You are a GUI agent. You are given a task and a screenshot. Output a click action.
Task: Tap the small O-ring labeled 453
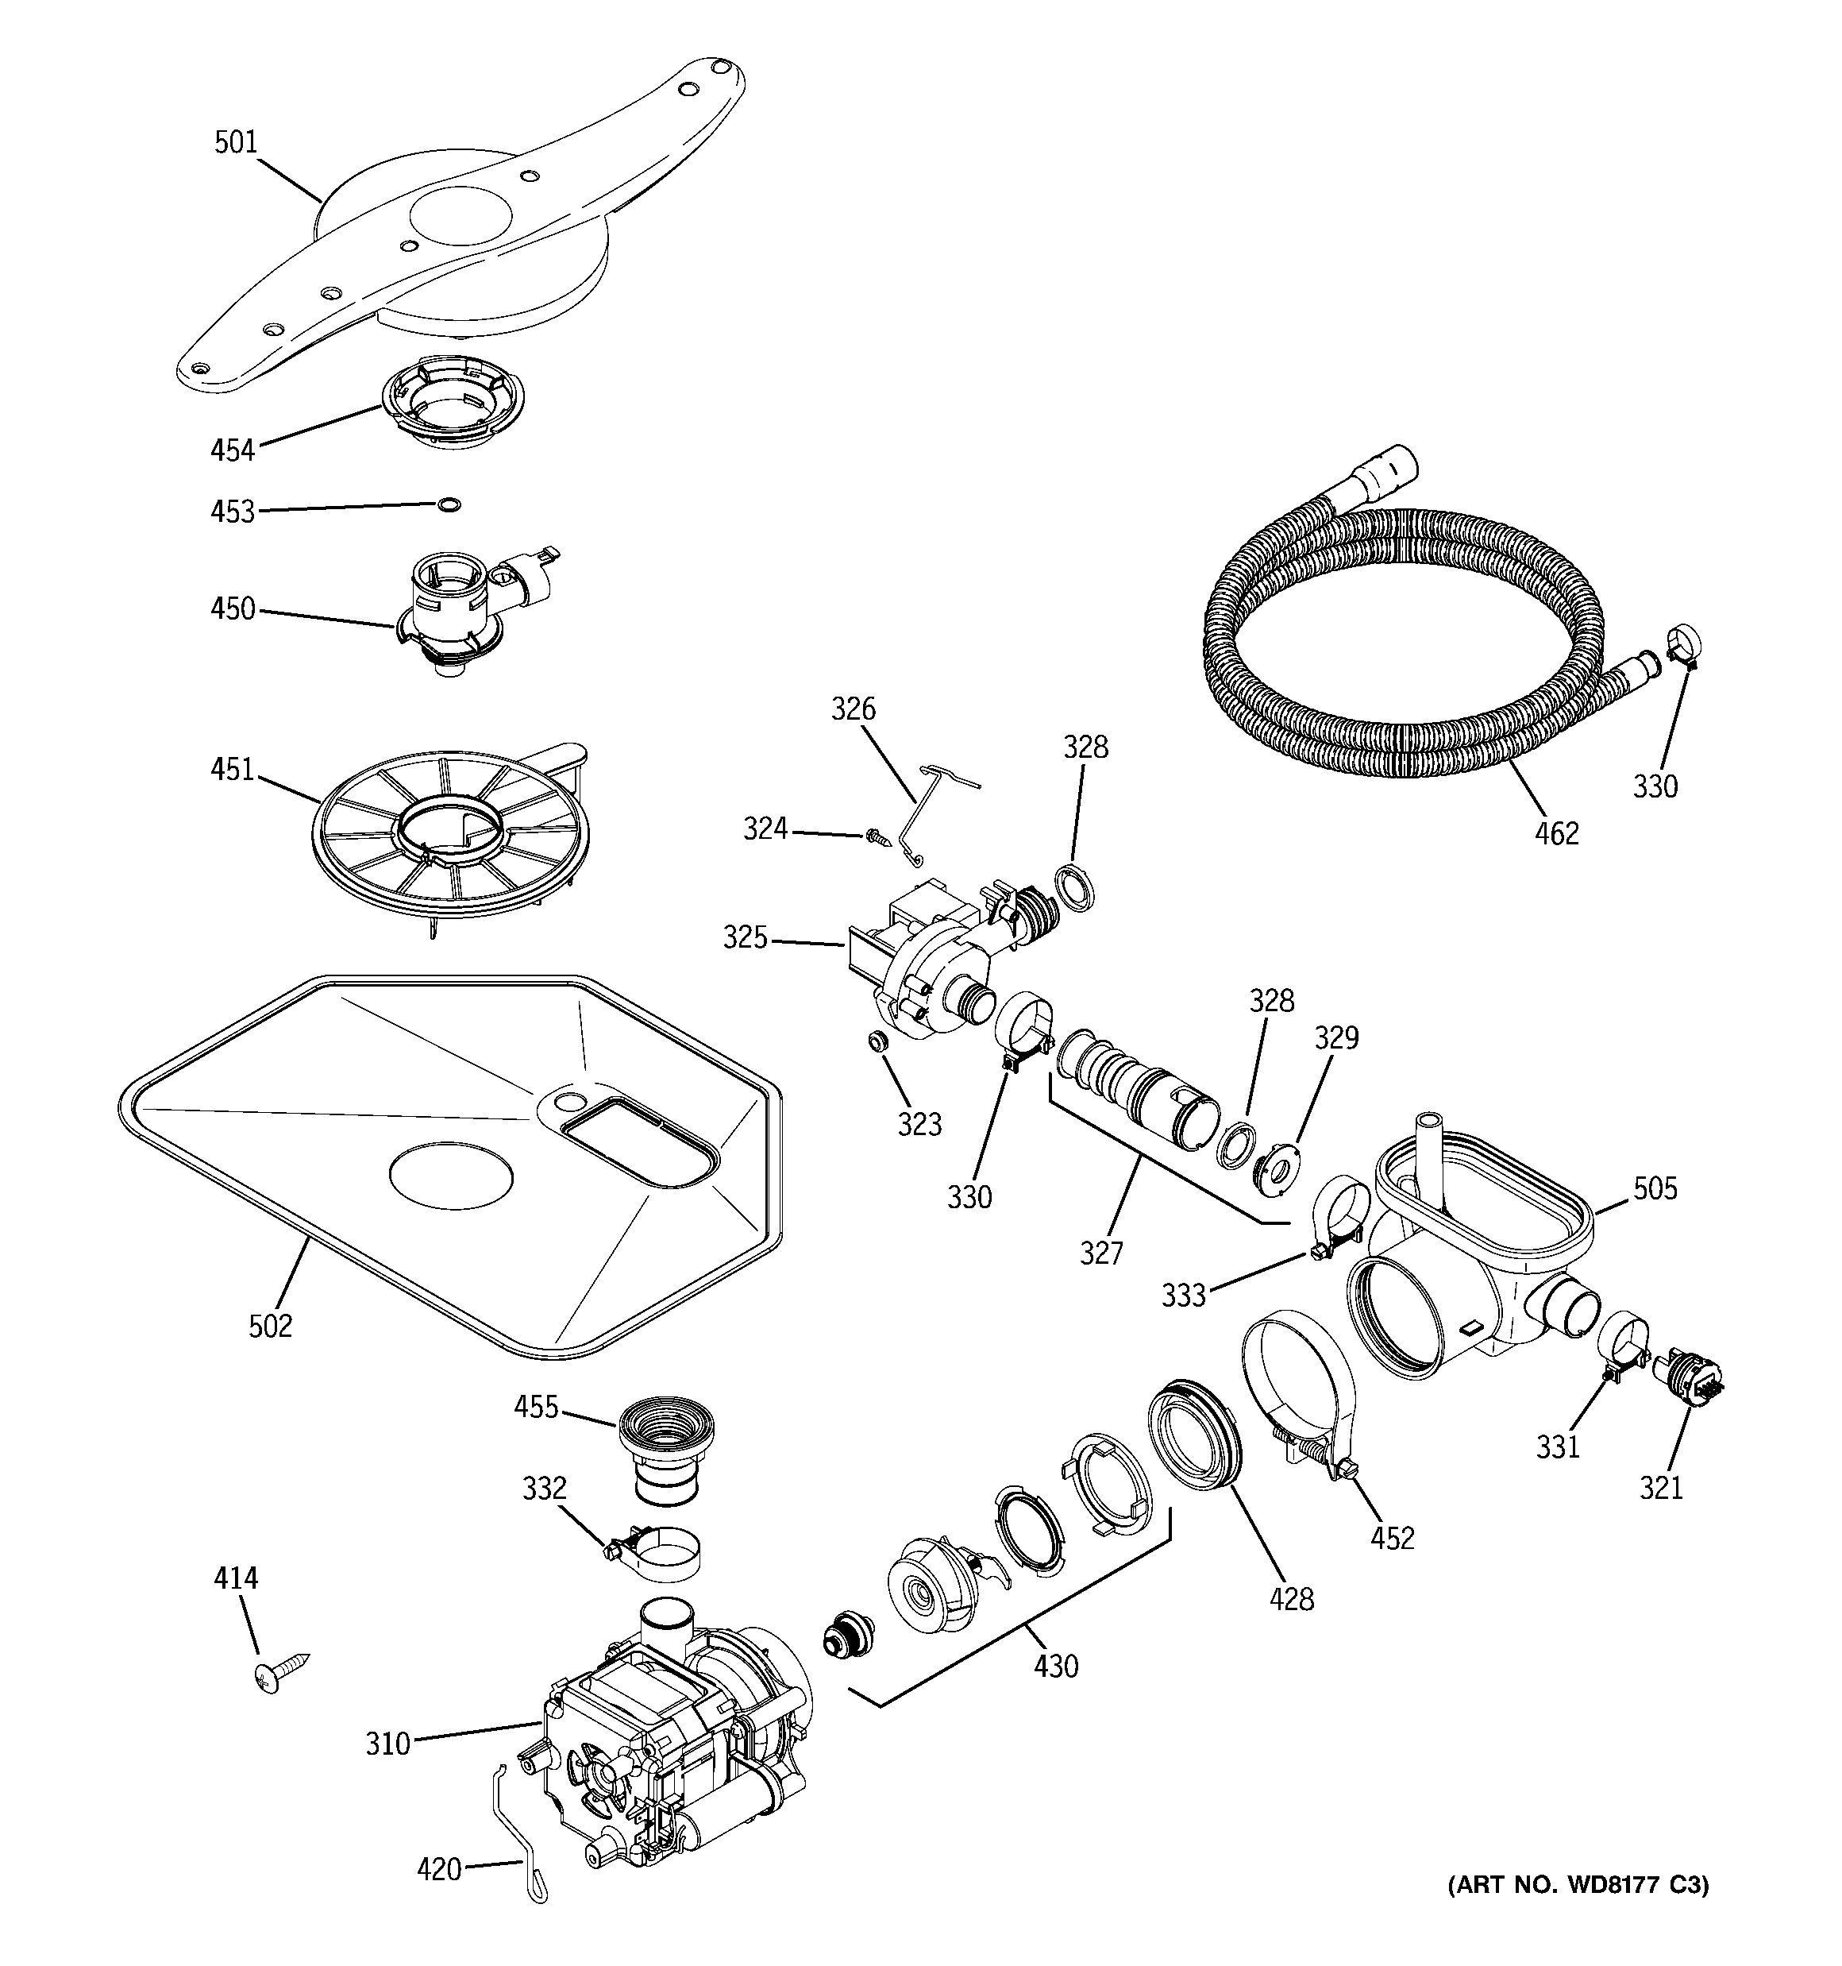point(448,505)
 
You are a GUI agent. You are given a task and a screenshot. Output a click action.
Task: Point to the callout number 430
point(1056,1667)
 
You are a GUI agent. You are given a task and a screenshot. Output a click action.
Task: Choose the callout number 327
point(1101,1253)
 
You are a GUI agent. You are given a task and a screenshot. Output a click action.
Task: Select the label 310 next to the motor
point(387,1743)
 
